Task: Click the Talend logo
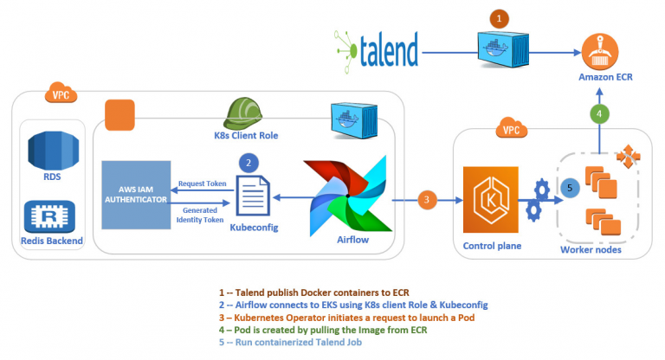point(377,51)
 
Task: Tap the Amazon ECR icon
point(600,52)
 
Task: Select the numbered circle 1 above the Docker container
point(499,19)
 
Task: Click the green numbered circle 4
point(599,113)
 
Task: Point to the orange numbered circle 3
point(427,200)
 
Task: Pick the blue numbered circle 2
point(249,163)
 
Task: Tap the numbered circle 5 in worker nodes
point(570,188)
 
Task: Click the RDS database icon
point(53,151)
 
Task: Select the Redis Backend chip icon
point(50,216)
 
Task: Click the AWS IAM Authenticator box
point(136,195)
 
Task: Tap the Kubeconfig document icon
point(253,196)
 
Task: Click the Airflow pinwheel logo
point(348,196)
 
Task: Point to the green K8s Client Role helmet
point(242,113)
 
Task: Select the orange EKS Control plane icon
point(491,199)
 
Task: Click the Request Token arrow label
point(203,183)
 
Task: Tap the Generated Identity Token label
point(200,215)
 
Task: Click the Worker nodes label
point(591,250)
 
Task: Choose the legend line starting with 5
point(290,342)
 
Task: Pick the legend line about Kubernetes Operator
point(346,318)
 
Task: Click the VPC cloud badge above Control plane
point(512,128)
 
